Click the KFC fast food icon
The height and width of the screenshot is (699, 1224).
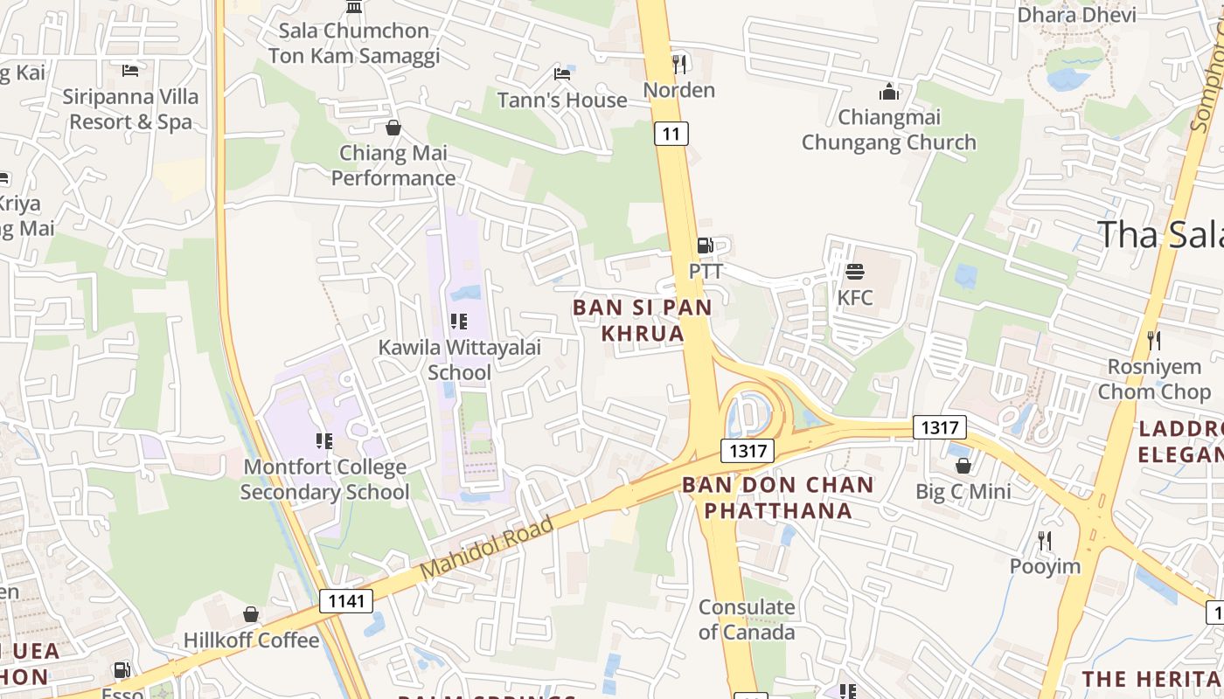pyautogui.click(x=854, y=272)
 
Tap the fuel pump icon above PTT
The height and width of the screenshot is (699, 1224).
pyautogui.click(x=705, y=246)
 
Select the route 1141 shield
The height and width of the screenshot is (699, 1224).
pyautogui.click(x=346, y=601)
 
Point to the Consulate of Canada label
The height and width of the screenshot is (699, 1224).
pyautogui.click(x=747, y=619)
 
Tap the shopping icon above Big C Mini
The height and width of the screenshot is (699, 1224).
pyautogui.click(x=963, y=466)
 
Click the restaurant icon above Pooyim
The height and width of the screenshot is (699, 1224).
pyautogui.click(x=1044, y=541)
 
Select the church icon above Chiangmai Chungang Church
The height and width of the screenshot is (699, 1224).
pyautogui.click(x=889, y=92)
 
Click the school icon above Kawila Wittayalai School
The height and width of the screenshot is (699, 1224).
pyautogui.click(x=459, y=322)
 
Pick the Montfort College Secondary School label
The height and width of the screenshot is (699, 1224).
pyautogui.click(x=324, y=480)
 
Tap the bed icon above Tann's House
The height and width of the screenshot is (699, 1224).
pyautogui.click(x=562, y=74)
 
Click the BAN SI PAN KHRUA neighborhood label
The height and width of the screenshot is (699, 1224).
pyautogui.click(x=643, y=320)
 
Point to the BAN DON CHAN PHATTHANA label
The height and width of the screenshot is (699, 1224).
pyautogui.click(x=778, y=497)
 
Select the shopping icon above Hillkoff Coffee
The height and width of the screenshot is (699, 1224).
pyautogui.click(x=251, y=614)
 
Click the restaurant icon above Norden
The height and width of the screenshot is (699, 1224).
pyautogui.click(x=678, y=64)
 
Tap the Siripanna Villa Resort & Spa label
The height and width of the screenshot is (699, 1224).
pyautogui.click(x=130, y=109)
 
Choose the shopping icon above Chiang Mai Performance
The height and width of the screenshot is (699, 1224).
pyautogui.click(x=393, y=128)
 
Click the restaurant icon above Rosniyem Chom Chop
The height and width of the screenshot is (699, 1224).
pyautogui.click(x=1154, y=340)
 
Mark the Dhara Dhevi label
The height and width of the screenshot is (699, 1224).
pyautogui.click(x=1076, y=15)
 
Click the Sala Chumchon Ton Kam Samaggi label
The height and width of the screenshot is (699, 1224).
pyautogui.click(x=354, y=43)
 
